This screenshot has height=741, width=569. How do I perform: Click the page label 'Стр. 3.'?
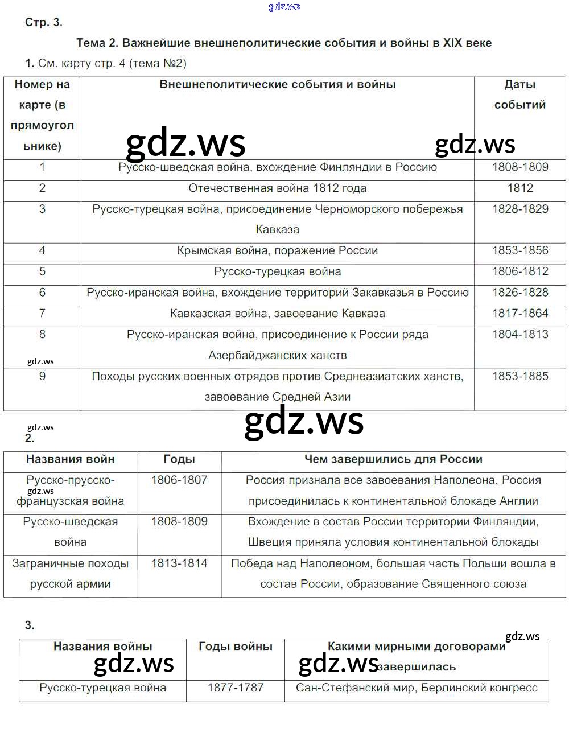click(43, 23)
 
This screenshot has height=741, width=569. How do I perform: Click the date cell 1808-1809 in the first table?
click(520, 167)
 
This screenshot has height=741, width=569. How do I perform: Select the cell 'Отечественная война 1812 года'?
click(278, 188)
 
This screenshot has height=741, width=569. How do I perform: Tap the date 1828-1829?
click(520, 209)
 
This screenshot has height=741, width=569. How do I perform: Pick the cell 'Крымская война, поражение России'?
click(278, 251)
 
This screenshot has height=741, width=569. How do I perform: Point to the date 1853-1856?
click(520, 251)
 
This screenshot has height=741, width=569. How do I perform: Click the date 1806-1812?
click(520, 271)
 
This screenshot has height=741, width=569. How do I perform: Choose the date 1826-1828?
click(520, 293)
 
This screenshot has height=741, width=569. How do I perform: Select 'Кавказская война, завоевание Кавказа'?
click(278, 314)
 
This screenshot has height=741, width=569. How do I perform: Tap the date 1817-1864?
click(520, 314)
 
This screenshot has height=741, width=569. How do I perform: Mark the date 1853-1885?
click(520, 376)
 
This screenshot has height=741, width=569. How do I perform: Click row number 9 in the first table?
click(42, 376)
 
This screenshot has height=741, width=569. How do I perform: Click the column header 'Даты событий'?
click(520, 94)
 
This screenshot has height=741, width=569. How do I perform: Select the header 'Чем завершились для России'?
click(393, 459)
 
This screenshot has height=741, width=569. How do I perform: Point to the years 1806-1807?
click(179, 480)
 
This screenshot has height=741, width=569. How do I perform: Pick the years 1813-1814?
click(179, 563)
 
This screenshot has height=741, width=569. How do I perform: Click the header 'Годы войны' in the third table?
click(236, 647)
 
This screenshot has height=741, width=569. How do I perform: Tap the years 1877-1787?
click(236, 688)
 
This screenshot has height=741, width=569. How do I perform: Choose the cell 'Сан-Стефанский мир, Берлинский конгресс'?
click(417, 688)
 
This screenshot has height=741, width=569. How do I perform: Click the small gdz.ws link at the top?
click(284, 7)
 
